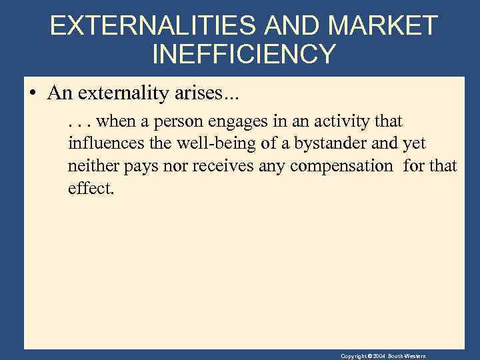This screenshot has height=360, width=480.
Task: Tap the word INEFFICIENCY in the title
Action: [244, 54]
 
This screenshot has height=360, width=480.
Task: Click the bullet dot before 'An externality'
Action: [33, 93]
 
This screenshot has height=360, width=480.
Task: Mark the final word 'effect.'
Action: [91, 189]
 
